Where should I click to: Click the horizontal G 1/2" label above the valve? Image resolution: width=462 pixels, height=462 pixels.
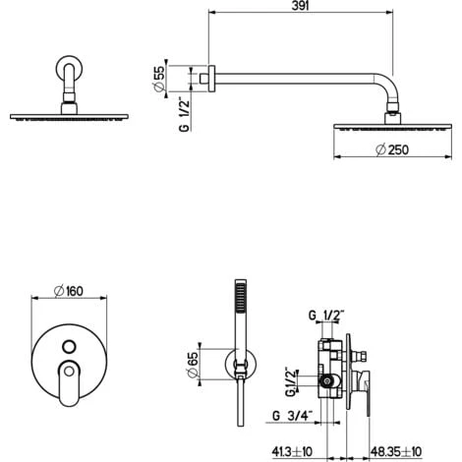point(323,317)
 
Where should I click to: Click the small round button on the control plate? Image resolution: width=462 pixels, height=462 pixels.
point(68,346)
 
